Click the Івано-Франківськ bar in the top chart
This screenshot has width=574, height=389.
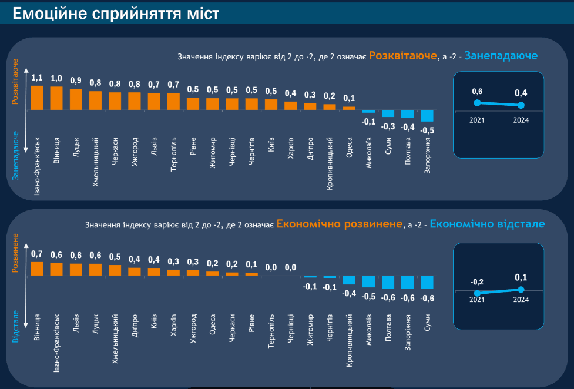[37, 98]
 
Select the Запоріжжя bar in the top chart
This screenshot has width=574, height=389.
[427, 115]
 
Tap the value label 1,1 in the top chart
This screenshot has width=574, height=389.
[37, 78]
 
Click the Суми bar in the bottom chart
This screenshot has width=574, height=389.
[427, 282]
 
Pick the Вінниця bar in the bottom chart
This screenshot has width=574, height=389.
[37, 269]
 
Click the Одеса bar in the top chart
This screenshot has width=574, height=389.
[350, 108]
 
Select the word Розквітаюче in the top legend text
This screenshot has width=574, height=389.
[403, 56]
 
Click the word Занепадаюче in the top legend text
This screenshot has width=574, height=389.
[501, 56]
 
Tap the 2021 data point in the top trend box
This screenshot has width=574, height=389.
[477, 103]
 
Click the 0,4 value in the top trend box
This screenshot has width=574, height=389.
[521, 93]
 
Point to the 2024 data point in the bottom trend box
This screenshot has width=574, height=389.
[521, 289]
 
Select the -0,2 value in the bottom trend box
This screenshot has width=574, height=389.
[477, 282]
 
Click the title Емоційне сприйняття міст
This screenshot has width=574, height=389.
[116, 13]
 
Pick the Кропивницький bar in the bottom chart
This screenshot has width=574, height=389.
[350, 280]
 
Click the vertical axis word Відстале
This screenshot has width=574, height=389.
[16, 327]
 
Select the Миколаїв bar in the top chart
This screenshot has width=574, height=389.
[369, 112]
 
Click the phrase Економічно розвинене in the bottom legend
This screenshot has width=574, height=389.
[340, 224]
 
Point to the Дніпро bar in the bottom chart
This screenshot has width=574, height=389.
[135, 271]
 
